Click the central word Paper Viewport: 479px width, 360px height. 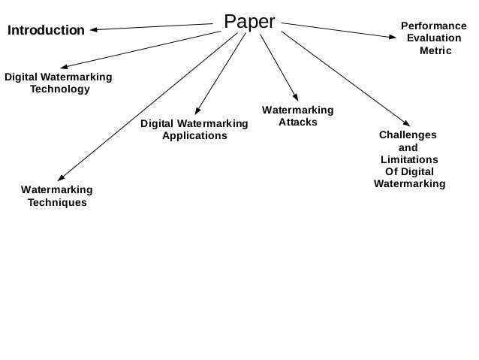coord(250,22)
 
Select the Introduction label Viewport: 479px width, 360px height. coord(46,31)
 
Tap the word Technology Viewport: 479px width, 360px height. coord(59,89)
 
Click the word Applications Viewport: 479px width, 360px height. coord(194,136)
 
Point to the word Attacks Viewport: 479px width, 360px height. coord(297,122)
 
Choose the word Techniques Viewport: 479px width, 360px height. coord(57,202)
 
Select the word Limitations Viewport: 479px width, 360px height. coord(409,160)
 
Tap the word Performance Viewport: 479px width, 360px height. coord(435,26)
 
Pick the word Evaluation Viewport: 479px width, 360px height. coord(434,38)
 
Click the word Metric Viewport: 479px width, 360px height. coord(435,50)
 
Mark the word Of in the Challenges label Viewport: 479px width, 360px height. coord(391,172)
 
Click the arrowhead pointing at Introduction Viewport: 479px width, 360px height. coord(95,30)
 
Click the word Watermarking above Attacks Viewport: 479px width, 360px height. coord(297,110)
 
